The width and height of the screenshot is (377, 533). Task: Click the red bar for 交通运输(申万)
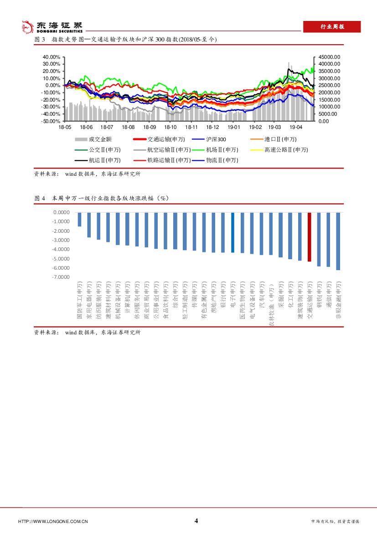(x=310, y=237)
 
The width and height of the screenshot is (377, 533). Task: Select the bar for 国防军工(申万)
(x=79, y=219)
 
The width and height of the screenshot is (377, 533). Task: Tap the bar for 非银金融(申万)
(x=338, y=241)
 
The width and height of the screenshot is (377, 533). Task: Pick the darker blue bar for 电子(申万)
(x=232, y=232)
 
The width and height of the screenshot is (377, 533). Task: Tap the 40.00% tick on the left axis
(x=52, y=57)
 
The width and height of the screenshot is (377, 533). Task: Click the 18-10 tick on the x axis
(x=170, y=128)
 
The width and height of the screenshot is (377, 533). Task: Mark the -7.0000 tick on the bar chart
(x=62, y=277)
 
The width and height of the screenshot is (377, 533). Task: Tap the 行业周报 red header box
(x=332, y=27)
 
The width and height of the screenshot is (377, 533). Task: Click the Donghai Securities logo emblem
(x=28, y=27)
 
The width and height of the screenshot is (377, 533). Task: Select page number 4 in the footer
(x=196, y=521)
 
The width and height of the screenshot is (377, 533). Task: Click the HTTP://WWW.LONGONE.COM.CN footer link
(x=52, y=522)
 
